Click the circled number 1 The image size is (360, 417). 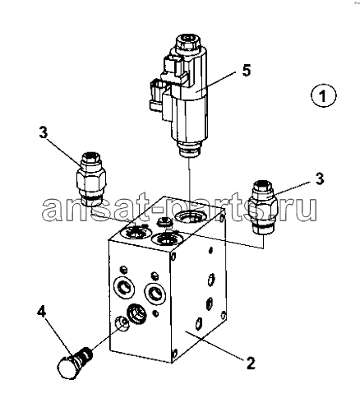coord(323,95)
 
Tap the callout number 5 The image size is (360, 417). coord(247,70)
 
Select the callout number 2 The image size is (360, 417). coord(251,363)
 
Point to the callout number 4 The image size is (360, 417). coord(42,312)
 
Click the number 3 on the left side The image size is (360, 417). coord(43,132)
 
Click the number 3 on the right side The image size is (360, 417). coord(320,178)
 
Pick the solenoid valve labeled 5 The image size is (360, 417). coord(179,95)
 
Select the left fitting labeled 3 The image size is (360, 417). coord(90,179)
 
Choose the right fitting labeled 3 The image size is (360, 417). coord(263,207)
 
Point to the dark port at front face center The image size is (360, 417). coord(136,313)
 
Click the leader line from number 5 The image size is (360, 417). coord(217,81)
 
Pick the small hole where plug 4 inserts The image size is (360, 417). coord(122,323)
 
